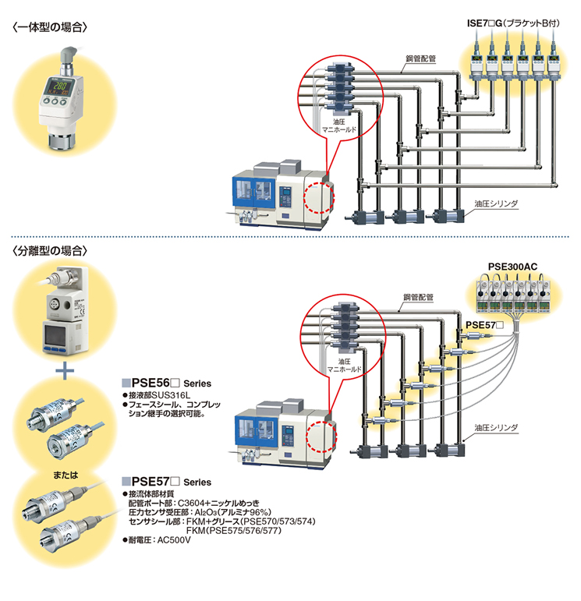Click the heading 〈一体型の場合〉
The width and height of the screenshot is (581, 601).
tap(50, 27)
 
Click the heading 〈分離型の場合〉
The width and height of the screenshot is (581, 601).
tap(50, 251)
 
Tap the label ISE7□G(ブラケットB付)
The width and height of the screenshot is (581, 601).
tap(513, 23)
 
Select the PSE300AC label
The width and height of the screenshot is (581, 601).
tap(512, 267)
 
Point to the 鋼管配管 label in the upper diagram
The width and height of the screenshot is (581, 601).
tap(420, 58)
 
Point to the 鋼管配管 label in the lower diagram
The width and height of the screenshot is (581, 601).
tap(418, 297)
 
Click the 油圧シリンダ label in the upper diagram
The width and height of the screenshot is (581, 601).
tap(496, 203)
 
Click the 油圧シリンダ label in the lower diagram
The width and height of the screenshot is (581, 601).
tap(496, 427)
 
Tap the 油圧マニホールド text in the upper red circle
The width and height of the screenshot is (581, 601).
tap(339, 126)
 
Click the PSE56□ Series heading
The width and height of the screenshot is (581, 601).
tap(166, 383)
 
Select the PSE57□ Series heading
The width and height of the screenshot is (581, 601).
tap(166, 482)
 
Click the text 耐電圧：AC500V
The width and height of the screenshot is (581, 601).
tap(157, 540)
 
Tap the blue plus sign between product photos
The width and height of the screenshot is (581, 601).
tap(65, 370)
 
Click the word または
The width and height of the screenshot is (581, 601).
tap(66, 475)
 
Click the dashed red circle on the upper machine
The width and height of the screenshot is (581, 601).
tap(319, 197)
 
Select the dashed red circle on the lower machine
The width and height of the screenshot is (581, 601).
tap(321, 437)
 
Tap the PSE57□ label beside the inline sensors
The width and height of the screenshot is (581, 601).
tap(484, 325)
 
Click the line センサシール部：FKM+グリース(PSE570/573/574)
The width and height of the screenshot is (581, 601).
tap(222, 521)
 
